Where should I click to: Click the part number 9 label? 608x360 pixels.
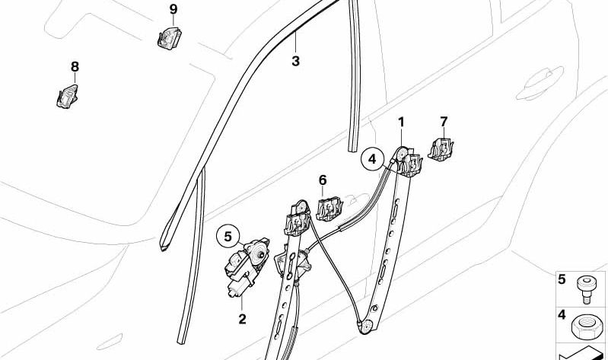pos(173,9)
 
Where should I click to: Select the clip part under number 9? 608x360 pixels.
pos(170,37)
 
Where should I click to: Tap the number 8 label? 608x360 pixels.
pos(75,67)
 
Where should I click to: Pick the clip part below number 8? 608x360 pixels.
pos(67,96)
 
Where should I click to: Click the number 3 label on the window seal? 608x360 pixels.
pos(295,62)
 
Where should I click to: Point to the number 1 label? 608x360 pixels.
pos(401,123)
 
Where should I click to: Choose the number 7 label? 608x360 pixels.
pos(444,122)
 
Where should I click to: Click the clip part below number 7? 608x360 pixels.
pos(441,149)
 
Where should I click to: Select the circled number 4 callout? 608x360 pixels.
pos(372,159)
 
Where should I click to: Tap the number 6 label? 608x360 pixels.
pos(323,180)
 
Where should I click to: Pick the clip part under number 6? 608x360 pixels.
pos(329,209)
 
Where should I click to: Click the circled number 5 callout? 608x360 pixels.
pos(228,237)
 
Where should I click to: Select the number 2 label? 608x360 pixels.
pos(242,319)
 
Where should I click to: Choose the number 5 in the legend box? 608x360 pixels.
pos(562,279)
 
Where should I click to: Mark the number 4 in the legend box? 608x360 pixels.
pos(562,314)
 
